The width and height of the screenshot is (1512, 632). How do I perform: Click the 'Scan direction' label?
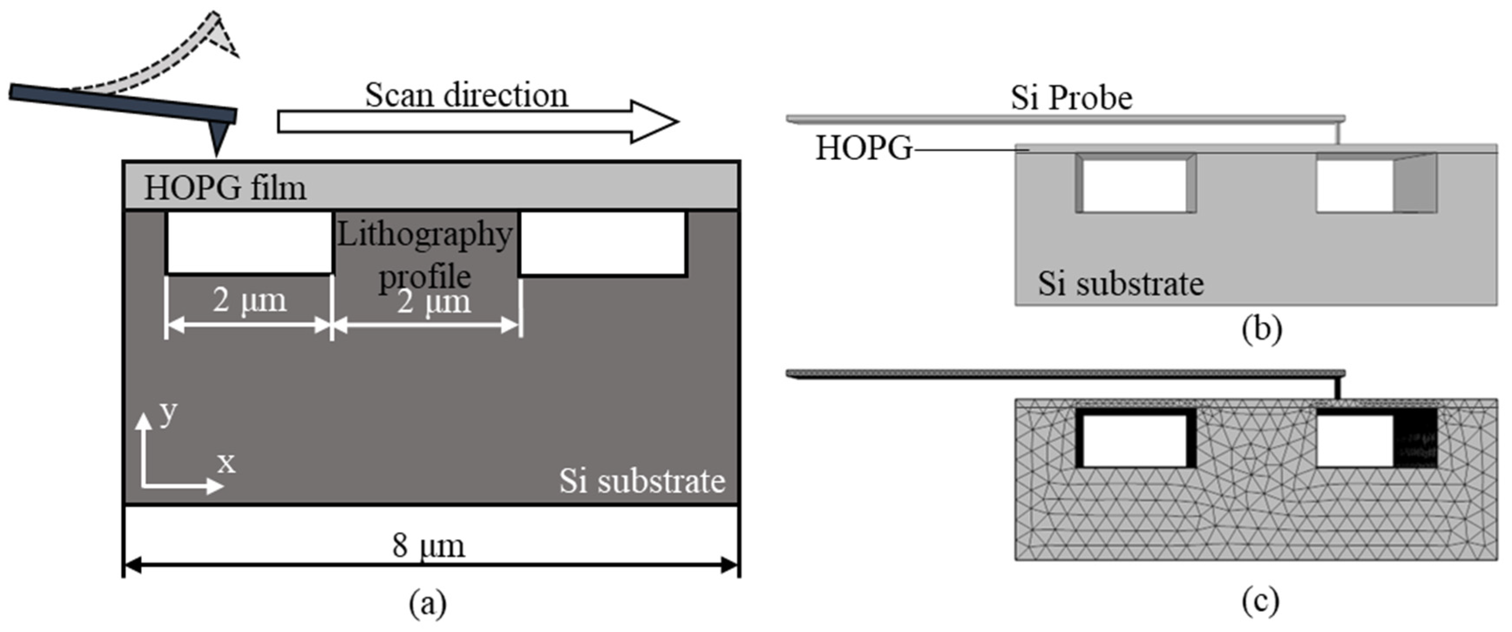point(467,95)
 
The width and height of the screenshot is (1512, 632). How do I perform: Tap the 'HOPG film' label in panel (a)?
point(225,188)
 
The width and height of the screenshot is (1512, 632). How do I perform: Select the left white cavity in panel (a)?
point(249,242)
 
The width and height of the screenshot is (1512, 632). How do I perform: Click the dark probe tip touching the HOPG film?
point(218,139)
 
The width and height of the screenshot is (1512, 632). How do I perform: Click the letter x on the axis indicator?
point(226,463)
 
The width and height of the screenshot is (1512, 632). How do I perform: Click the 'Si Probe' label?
point(1071,98)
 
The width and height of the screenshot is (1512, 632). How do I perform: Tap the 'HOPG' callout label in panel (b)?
point(864,148)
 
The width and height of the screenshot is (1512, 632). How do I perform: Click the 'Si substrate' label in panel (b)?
point(1121,284)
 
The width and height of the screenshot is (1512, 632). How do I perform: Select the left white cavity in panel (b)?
point(1134,186)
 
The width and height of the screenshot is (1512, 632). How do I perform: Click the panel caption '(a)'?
point(427,603)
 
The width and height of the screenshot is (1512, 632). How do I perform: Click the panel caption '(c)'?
point(1260,602)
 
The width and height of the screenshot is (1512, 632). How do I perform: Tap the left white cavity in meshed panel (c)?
point(1134,441)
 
